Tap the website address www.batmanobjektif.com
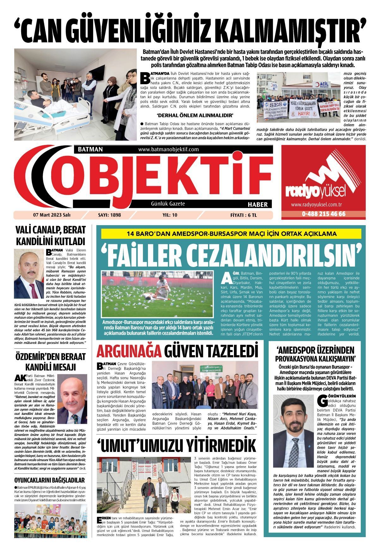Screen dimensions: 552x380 coord(168,149)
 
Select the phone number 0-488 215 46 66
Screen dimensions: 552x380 coord(323,214)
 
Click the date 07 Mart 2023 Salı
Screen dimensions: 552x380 coord(52,215)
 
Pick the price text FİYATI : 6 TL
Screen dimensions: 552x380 coord(243,215)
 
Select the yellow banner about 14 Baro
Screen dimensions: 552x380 coord(231,234)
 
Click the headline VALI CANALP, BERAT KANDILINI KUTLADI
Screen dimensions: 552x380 coord(51,235)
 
